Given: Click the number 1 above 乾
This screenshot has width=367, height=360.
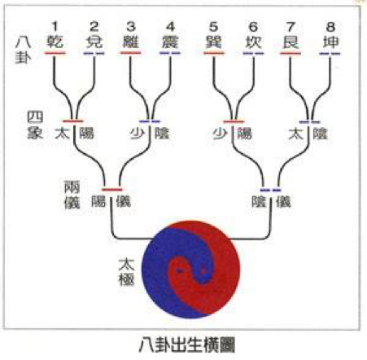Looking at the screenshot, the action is tap(55, 27).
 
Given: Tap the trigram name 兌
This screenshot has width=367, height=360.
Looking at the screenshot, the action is tap(94, 42).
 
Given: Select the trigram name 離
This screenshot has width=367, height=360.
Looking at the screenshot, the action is tap(131, 42).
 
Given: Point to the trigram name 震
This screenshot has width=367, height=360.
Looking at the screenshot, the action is tap(170, 42).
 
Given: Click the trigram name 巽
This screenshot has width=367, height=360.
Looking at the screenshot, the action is tap(214, 42).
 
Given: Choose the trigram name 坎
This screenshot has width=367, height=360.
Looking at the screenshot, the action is tap(253, 42).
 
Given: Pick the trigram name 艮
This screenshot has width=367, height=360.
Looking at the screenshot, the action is tap(291, 42).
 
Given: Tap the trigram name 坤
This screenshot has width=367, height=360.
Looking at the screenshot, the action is tap(330, 42).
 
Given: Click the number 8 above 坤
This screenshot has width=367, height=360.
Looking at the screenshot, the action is tap(330, 27).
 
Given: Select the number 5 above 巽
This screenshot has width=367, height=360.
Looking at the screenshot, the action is tap(214, 27).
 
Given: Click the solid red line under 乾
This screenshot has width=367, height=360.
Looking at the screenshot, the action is tap(55, 53).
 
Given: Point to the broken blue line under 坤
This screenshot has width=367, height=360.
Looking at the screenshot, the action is tap(330, 54).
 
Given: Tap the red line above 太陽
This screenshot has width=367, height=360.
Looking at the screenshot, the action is tap(73, 121).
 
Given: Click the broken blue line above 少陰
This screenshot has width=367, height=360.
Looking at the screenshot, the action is tap(150, 121).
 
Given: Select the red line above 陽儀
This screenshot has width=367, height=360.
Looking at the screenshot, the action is tap(112, 189).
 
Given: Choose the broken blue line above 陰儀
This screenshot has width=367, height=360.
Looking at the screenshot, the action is tap(270, 190).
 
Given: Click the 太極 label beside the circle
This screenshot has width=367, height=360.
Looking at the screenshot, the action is tap(126, 272).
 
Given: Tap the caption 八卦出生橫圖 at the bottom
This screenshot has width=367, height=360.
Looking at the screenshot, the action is tap(187, 345).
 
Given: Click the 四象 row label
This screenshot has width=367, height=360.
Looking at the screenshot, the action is tap(35, 125).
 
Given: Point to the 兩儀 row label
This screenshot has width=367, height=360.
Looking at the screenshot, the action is tap(72, 195).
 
